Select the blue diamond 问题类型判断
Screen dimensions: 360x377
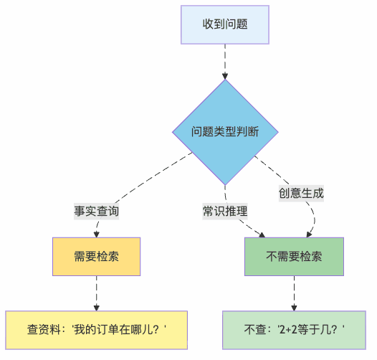tap(225, 132)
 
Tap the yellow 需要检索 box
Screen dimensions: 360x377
tap(96, 256)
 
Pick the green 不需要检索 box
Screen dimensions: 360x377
tap(294, 256)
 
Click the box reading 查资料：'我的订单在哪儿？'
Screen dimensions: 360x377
tap(96, 330)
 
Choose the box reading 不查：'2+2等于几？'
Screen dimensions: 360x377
tap(294, 330)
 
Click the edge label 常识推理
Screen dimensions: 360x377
tap(225, 212)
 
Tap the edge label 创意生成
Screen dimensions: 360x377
tap(301, 193)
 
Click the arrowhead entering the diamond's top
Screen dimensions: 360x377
tap(225, 75)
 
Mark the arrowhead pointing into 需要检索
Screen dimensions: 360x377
tap(96, 235)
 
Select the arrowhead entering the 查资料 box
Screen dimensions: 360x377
tap(96, 308)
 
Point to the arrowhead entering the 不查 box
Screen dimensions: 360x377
tap(294, 308)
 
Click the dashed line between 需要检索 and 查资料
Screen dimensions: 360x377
tap(96, 290)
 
